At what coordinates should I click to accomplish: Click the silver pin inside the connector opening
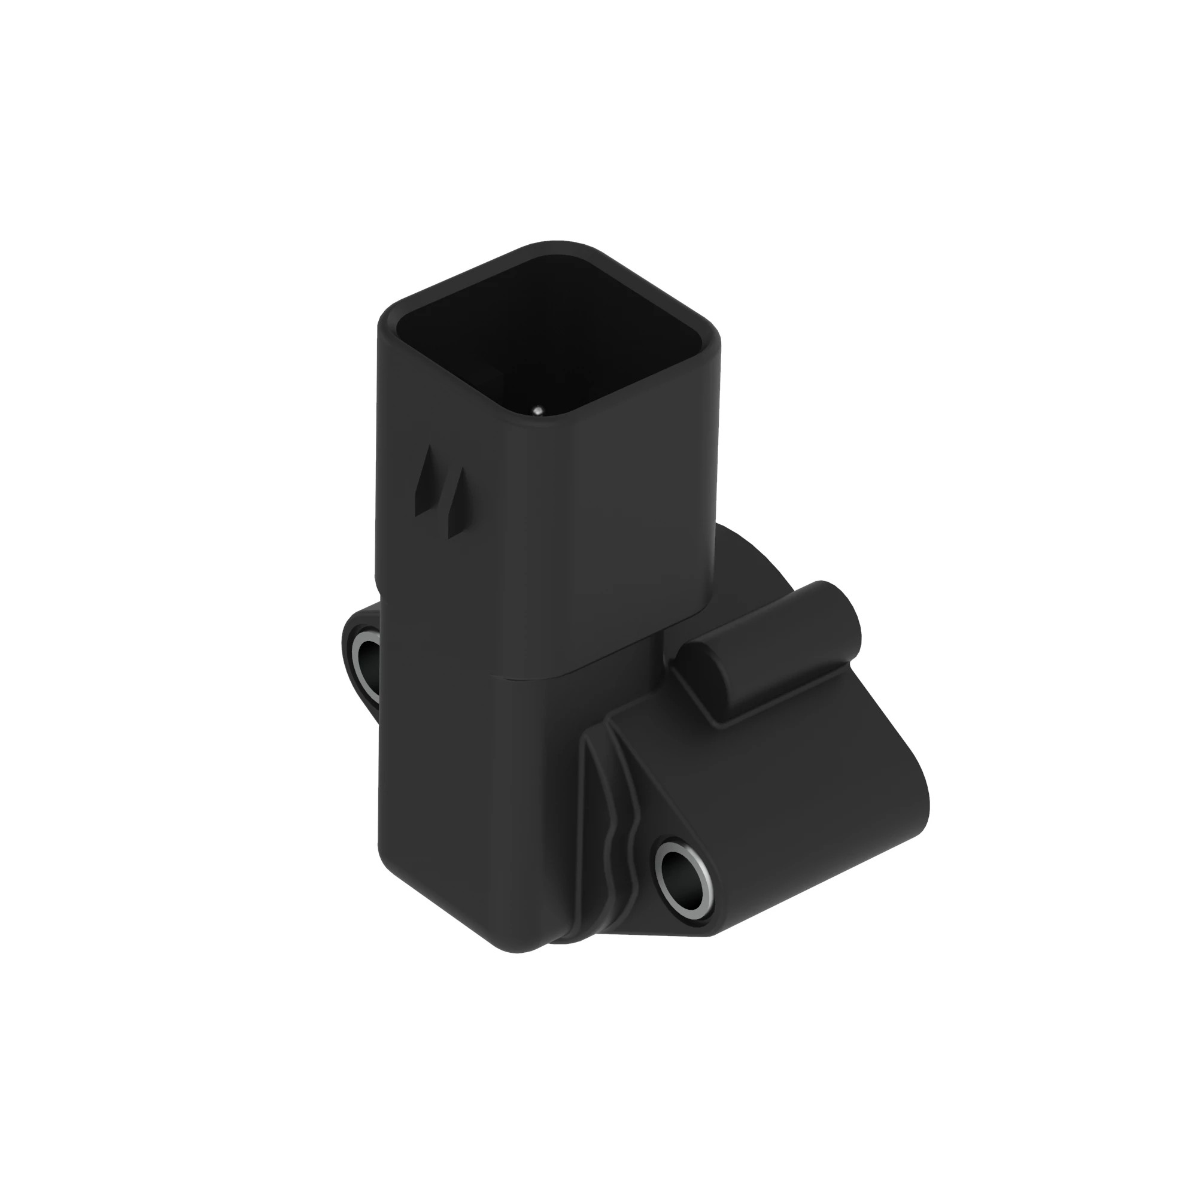point(538,409)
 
